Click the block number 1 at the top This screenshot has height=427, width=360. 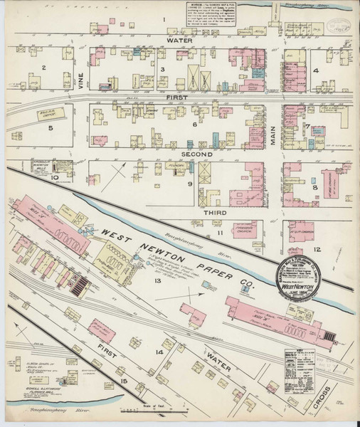pyautogui.click(x=163, y=19)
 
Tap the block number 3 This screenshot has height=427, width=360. pyautogui.click(x=162, y=68)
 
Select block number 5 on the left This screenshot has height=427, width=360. pyautogui.click(x=50, y=129)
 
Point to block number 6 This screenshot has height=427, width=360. pyautogui.click(x=194, y=125)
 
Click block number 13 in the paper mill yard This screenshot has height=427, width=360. pyautogui.click(x=158, y=280)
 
